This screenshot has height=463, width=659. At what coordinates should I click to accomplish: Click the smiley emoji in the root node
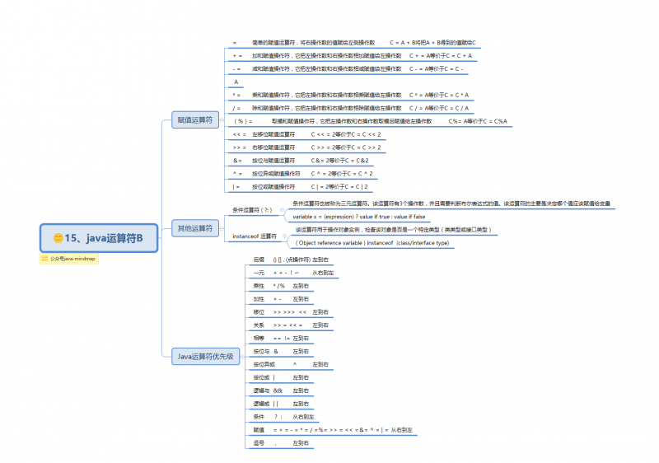pyautogui.click(x=58, y=238)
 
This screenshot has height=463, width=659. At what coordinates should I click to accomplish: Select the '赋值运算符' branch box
pyautogui.click(x=194, y=119)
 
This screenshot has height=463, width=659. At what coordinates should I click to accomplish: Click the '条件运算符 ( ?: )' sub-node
pyautogui.click(x=252, y=210)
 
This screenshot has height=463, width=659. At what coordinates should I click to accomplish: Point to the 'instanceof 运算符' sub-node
pyautogui.click(x=255, y=236)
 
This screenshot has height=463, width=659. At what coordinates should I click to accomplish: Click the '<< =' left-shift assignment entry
pyautogui.click(x=240, y=133)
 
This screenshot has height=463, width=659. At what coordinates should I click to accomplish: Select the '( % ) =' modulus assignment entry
pyautogui.click(x=242, y=121)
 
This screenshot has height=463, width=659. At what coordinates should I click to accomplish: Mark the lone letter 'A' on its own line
pyautogui.click(x=236, y=82)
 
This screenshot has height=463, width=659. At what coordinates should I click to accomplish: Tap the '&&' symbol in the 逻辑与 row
pyautogui.click(x=278, y=390)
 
